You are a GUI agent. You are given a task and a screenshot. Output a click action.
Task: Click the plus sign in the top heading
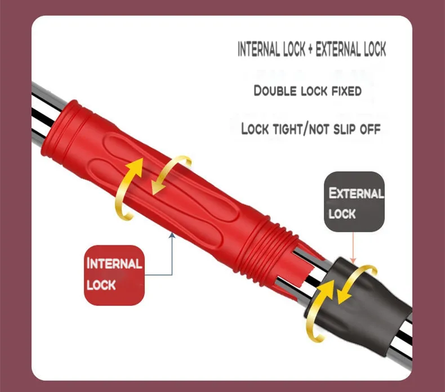coord(310,49)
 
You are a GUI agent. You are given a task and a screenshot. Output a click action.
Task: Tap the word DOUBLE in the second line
coord(275,91)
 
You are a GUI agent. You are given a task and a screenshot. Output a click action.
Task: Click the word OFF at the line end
coord(370,129)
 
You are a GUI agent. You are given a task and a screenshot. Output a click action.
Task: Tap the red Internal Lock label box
coord(114,275)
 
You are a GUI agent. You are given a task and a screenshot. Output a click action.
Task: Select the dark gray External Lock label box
coord(354,201)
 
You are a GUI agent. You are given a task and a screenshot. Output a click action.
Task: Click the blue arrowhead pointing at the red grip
coord(172,235)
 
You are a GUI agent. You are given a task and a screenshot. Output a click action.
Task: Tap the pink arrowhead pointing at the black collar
coord(353,260)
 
